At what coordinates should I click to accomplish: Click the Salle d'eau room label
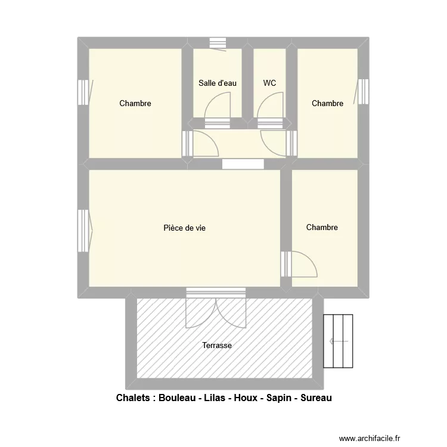(218, 83)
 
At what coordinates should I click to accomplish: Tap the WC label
(269, 83)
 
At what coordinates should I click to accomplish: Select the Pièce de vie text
(185, 228)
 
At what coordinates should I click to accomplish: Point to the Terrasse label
(217, 345)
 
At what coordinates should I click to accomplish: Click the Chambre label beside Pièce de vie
(322, 227)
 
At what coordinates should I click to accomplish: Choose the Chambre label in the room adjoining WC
(327, 103)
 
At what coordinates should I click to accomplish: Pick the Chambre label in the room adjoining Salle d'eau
(135, 103)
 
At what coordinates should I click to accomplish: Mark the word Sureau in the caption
(317, 398)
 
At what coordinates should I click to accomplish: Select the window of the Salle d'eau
(218, 43)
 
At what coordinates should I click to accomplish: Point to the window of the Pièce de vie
(83, 229)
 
